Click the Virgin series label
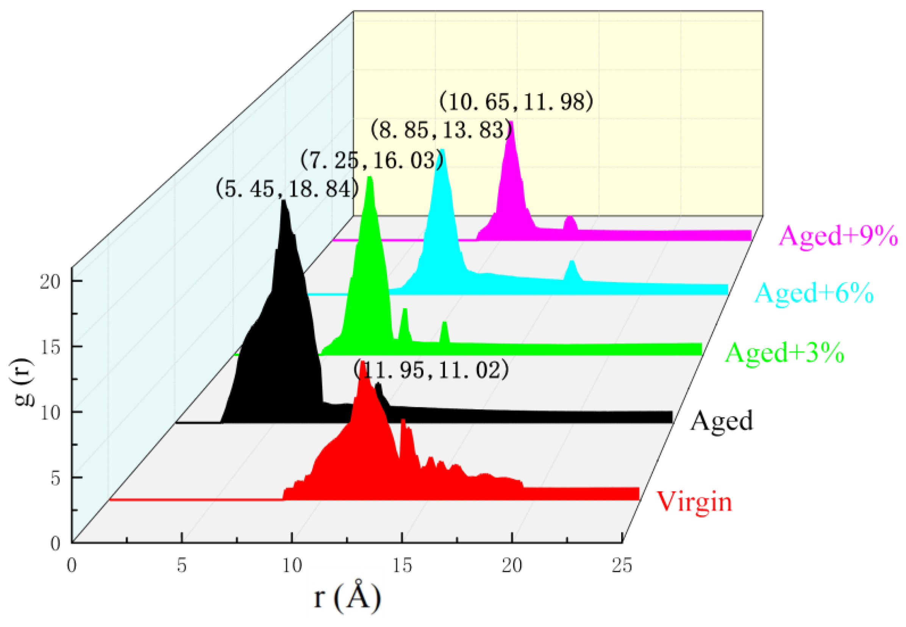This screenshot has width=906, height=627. pyautogui.click(x=694, y=502)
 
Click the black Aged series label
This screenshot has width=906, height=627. pyautogui.click(x=721, y=421)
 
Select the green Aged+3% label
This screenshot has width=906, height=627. pyautogui.click(x=784, y=352)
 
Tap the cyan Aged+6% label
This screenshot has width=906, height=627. pyautogui.click(x=814, y=293)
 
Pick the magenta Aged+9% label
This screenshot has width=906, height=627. pyautogui.click(x=838, y=236)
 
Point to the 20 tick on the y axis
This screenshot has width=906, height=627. pyautogui.click(x=50, y=282)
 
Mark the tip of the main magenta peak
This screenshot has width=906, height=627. pyautogui.click(x=512, y=123)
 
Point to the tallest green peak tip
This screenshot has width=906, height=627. pyautogui.click(x=369, y=178)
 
